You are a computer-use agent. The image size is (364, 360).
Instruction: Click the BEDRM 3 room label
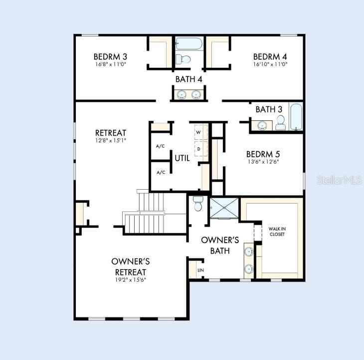tap(110, 57)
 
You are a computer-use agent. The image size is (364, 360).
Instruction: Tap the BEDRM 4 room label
tap(270, 57)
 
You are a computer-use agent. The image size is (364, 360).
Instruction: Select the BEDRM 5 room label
tap(263, 154)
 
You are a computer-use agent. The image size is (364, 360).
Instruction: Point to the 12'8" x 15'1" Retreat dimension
tap(111, 140)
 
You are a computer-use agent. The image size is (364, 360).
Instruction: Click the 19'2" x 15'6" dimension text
tap(131, 280)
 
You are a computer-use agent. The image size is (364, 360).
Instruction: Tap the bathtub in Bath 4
tap(189, 43)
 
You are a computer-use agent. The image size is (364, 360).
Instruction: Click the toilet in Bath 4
tap(183, 59)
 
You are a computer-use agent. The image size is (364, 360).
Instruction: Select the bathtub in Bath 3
tap(296, 117)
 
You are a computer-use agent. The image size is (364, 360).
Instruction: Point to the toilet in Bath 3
tap(281, 123)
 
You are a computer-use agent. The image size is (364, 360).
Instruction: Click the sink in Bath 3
tap(262, 126)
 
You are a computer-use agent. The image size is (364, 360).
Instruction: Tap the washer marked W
tap(201, 132)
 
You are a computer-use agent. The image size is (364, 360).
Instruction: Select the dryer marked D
tap(201, 149)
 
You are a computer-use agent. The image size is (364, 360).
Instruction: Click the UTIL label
tap(182, 158)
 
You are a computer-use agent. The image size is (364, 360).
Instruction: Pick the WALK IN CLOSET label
tap(277, 232)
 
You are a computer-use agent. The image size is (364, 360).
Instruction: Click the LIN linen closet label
tap(200, 270)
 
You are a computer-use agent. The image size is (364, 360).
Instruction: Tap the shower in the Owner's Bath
tap(224, 208)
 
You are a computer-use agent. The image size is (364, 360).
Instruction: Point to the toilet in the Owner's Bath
tap(198, 204)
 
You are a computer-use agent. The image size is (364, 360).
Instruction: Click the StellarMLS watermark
tap(340, 180)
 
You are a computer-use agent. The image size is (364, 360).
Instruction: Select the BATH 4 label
tap(189, 79)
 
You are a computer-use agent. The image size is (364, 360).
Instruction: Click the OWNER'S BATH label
tap(220, 246)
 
